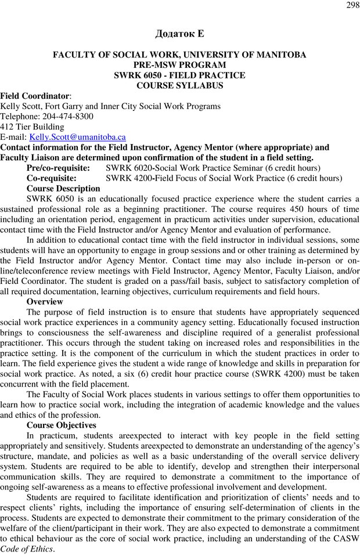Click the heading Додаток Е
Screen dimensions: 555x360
pos(179,34)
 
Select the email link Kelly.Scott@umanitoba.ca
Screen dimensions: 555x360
pos(77,138)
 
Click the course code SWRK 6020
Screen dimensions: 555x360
pos(127,168)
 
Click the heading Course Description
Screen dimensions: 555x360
pos(63,189)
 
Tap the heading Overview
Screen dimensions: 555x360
pos(45,302)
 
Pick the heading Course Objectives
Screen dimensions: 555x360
pos(62,425)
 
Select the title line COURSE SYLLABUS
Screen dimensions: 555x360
pos(179,85)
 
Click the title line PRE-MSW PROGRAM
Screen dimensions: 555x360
pos(179,65)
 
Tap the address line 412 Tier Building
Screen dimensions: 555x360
pos(32,127)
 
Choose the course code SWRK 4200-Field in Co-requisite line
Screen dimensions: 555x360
pos(139,178)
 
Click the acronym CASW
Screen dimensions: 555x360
pos(346,538)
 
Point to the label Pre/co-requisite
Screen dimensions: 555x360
pos(58,168)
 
